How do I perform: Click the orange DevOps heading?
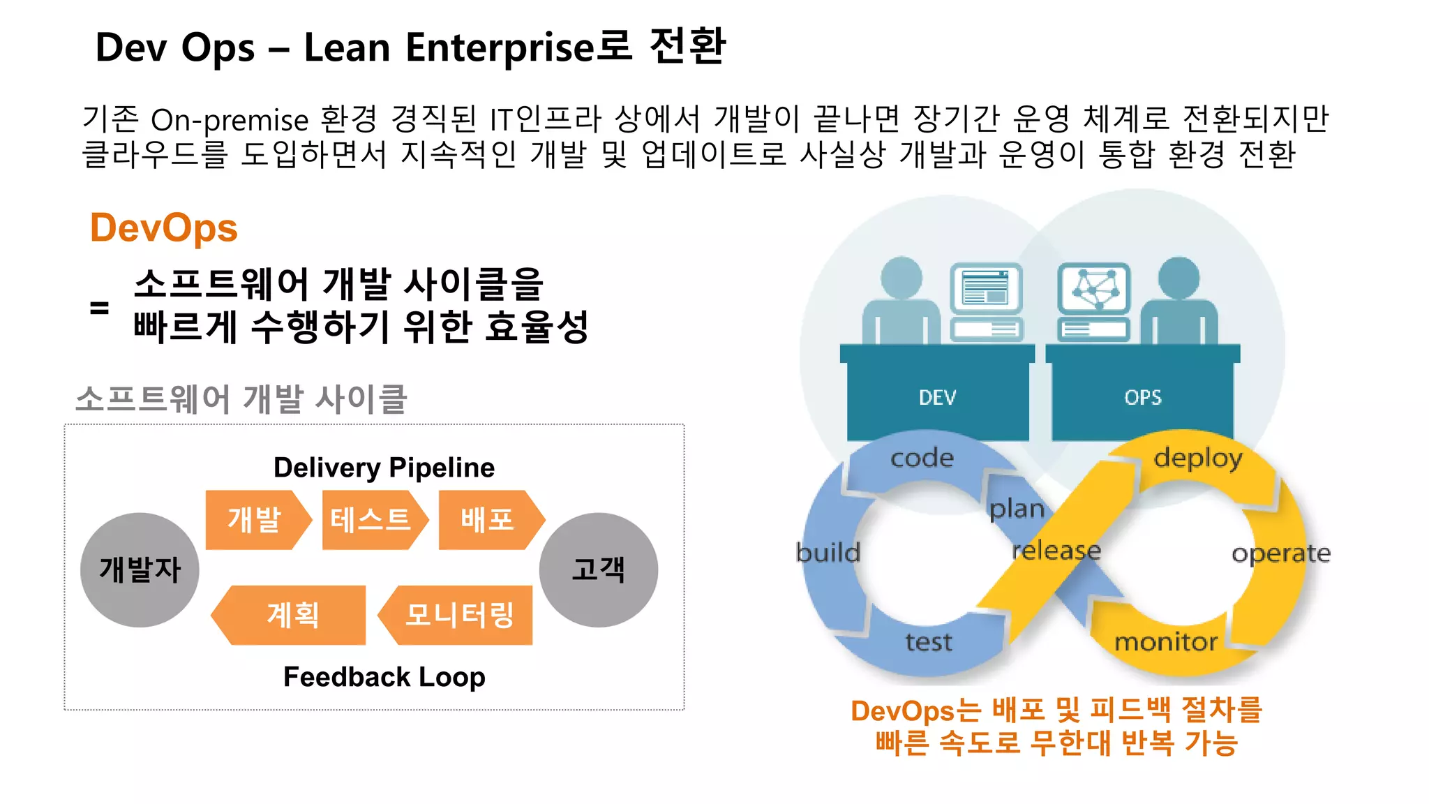pos(164,228)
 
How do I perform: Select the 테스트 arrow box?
pos(372,520)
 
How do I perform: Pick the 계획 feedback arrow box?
pos(292,615)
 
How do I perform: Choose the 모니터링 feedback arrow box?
pos(458,615)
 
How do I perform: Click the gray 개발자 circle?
pos(140,569)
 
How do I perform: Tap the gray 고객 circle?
pos(598,569)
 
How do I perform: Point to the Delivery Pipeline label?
pos(384,468)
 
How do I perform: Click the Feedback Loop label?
pos(384,677)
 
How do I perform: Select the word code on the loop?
pos(922,459)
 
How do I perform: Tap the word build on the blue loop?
pos(828,553)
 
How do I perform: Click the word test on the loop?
pos(928,642)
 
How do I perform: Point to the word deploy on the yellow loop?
pos(1198,459)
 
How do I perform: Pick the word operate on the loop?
pos(1281,553)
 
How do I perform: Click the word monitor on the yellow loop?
pos(1165,642)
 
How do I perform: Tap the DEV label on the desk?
pos(937,398)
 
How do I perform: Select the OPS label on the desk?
pos(1143,398)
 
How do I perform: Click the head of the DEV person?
pos(901,277)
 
